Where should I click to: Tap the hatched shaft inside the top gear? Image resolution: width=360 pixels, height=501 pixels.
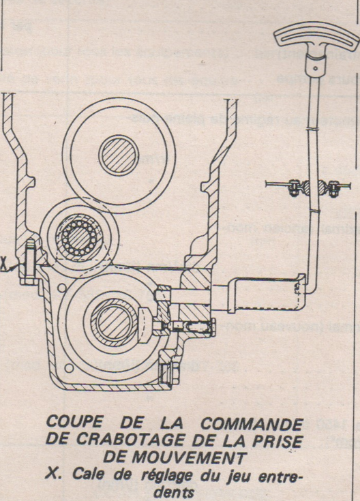[117, 155]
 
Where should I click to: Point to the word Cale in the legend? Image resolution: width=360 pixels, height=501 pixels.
[82, 466]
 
